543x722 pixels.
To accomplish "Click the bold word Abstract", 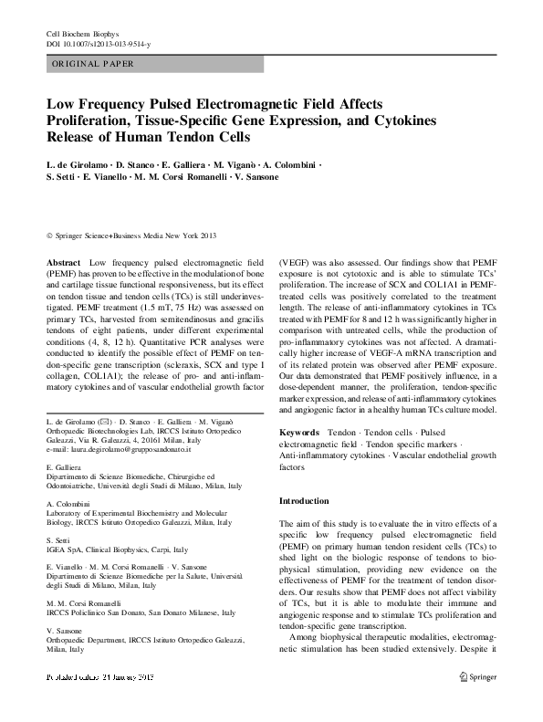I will (62, 261).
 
